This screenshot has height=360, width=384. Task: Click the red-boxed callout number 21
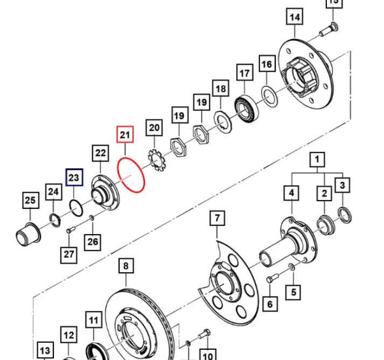point(125,135)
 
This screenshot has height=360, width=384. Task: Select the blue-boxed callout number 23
point(74,177)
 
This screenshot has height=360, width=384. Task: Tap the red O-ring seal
point(131,175)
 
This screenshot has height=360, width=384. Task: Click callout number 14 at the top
point(295,17)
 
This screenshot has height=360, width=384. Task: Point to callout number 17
point(245,73)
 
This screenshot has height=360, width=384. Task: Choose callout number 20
point(155,128)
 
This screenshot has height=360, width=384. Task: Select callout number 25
point(31,201)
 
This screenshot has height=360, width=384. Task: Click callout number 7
point(217,218)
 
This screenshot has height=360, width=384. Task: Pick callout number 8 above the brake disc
point(125,266)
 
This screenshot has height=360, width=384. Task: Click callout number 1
point(317,159)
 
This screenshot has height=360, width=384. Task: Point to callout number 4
point(291,193)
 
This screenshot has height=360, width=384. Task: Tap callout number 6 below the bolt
point(270,304)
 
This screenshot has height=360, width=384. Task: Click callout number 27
point(68,253)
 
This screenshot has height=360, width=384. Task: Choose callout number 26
point(93,242)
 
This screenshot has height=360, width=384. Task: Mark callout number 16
point(267,65)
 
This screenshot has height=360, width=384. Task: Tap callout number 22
point(101,153)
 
